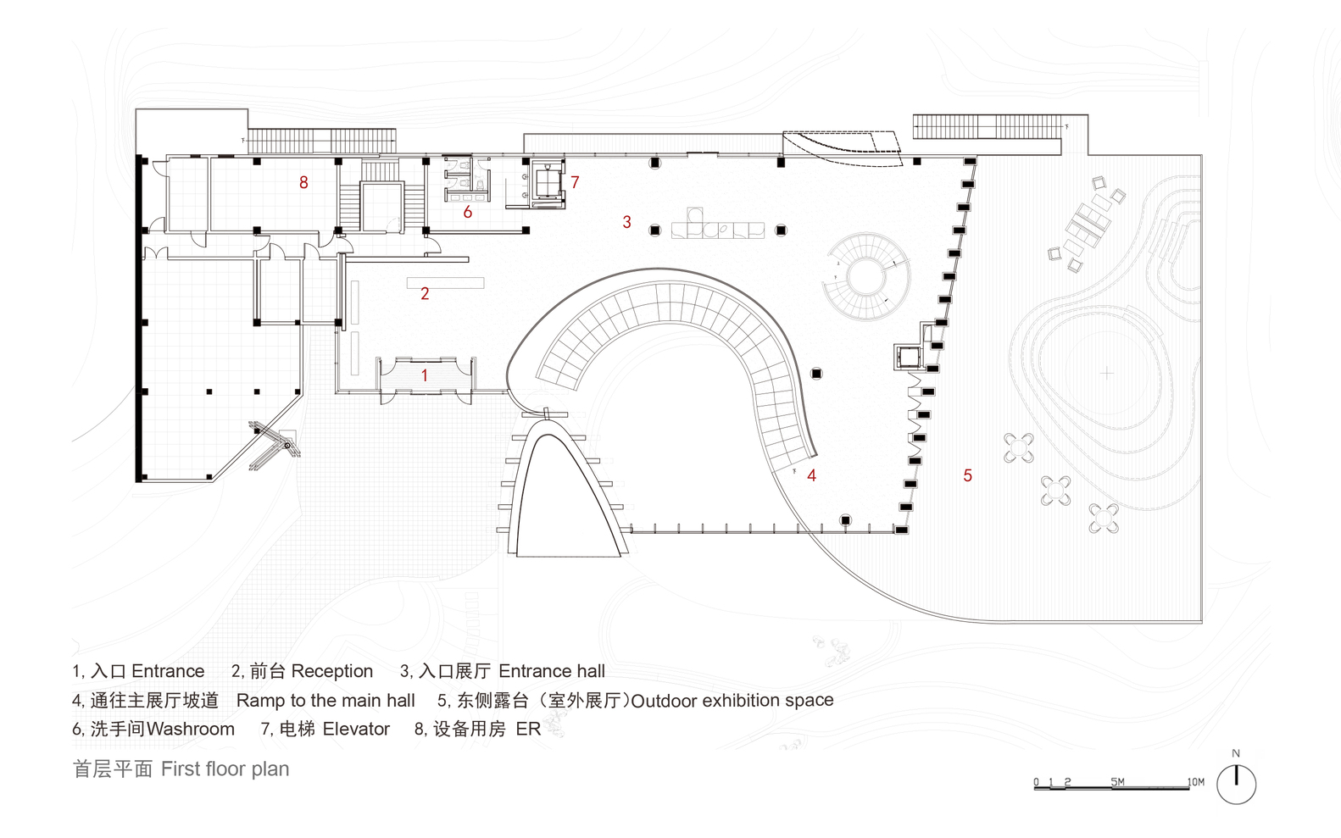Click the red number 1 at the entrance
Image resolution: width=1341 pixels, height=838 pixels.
pos(425,375)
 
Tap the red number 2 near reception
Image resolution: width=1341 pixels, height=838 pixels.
pos(425,294)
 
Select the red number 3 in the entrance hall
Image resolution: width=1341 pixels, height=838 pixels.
pos(626,222)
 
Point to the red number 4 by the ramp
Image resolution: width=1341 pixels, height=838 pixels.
pos(811,476)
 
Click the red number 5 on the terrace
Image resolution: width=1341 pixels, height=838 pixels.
pos(967,476)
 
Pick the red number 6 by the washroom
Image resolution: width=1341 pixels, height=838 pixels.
pos(467,213)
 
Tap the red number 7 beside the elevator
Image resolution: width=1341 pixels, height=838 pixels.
pos(575,182)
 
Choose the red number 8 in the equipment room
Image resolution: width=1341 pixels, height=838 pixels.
pos(303,182)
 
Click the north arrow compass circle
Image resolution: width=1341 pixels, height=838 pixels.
pos(1236,785)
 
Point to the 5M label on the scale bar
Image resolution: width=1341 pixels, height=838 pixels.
pos(1117,782)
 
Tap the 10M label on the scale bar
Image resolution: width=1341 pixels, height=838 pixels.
pos(1195,782)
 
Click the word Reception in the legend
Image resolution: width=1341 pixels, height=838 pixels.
pos(331,671)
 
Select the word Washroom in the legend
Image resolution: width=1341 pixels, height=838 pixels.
pos(191,729)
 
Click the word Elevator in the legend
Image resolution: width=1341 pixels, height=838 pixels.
pos(356,729)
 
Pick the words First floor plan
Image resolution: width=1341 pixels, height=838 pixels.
pos(225,769)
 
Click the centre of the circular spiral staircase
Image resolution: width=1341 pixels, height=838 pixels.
pos(866,277)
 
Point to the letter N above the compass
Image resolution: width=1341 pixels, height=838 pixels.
pos(1236,753)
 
